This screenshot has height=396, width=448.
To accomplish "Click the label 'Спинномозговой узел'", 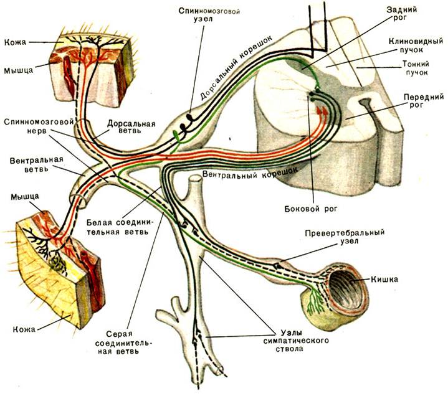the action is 209,16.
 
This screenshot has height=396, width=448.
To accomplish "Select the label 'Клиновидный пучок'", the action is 416,45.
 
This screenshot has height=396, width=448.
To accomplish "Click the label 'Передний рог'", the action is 424,101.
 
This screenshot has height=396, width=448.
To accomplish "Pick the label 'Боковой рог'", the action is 311,209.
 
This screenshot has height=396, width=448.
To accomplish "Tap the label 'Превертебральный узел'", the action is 345,237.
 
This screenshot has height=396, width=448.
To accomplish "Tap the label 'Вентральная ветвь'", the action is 36,164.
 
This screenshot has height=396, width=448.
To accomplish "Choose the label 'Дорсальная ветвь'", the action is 131,127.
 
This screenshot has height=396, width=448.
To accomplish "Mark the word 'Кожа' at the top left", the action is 15,42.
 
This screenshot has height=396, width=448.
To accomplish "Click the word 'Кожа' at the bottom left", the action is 24,329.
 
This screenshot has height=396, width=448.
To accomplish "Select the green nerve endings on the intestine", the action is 315,301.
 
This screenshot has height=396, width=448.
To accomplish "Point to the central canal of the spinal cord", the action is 365,101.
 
